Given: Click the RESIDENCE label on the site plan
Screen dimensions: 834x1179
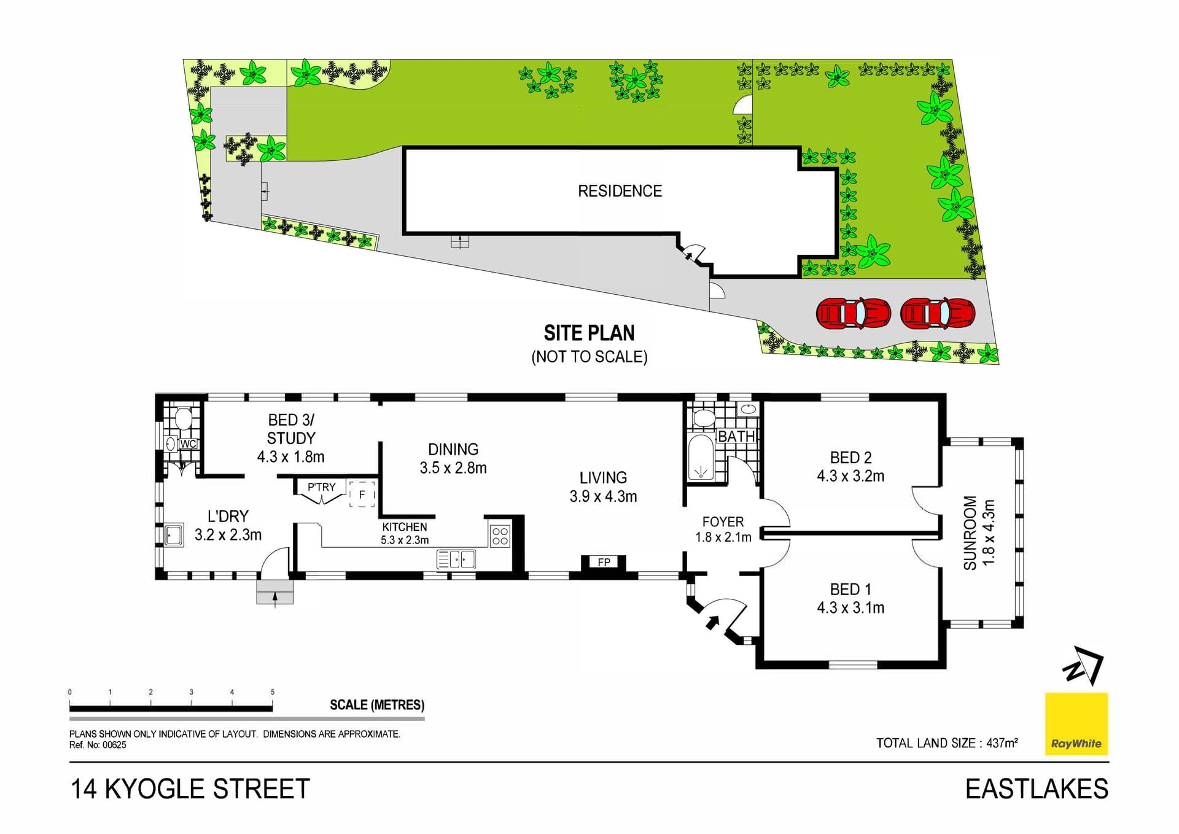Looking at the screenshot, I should coord(620,191).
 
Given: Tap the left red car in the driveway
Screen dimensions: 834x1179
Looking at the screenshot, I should coord(853,313).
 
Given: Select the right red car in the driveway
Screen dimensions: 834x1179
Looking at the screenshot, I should coord(938,313).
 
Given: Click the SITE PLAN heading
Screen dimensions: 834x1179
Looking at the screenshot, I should coord(589,333).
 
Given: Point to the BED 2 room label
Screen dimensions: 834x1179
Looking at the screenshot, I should coord(850,458).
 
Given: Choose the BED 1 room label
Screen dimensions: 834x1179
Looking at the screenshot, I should coord(850,590).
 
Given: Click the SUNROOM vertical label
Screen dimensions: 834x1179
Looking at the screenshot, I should coord(970,532).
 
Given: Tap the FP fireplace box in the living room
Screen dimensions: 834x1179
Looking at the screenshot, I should coord(604,562).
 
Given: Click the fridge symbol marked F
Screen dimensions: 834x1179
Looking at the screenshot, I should coord(362,494).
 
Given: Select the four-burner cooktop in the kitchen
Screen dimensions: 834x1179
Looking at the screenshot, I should coord(500,536).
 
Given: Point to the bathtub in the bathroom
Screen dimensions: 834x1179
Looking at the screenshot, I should coord(701,458).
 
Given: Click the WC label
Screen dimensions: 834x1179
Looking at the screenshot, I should coord(188,443).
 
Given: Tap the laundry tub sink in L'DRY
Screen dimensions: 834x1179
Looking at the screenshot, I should coord(173,535).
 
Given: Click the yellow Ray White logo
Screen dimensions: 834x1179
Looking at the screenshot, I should coord(1076,723).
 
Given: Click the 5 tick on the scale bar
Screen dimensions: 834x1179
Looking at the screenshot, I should coord(272,692).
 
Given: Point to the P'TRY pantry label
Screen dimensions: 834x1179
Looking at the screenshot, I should coord(322,487).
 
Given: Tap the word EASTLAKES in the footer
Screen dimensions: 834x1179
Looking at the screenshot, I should coord(1037,789).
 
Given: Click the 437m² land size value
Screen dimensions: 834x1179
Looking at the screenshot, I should coord(1002,743).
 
